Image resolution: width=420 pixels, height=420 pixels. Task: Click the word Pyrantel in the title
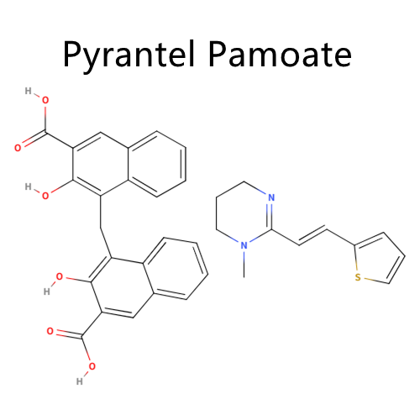(129, 55)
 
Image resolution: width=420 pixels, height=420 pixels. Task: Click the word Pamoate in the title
(280, 54)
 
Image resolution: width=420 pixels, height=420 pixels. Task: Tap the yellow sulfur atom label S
(358, 277)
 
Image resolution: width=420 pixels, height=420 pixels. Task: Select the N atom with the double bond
(271, 197)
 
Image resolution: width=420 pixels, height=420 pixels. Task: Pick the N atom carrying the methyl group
(244, 245)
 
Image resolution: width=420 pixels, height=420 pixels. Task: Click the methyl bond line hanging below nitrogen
(244, 265)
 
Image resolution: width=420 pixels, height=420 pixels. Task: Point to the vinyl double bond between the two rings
(313, 237)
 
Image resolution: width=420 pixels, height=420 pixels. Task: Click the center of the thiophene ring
(378, 259)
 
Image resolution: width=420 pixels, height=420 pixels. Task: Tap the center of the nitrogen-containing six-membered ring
(244, 214)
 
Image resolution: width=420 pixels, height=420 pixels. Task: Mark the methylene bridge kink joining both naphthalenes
(101, 228)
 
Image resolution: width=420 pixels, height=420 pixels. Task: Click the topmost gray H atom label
(28, 91)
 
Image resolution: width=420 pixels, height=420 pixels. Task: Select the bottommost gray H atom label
(80, 381)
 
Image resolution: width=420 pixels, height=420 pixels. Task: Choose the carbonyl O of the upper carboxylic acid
(18, 148)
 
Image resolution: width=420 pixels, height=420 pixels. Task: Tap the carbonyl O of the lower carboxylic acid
(50, 331)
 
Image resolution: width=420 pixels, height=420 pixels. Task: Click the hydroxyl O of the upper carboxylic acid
(45, 100)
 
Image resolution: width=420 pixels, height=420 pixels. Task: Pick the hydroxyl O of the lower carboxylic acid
(92, 366)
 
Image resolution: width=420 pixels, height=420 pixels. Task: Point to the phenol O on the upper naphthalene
(45, 196)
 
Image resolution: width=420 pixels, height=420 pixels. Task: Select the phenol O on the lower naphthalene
(59, 276)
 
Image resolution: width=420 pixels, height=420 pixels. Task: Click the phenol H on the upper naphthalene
(28, 186)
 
